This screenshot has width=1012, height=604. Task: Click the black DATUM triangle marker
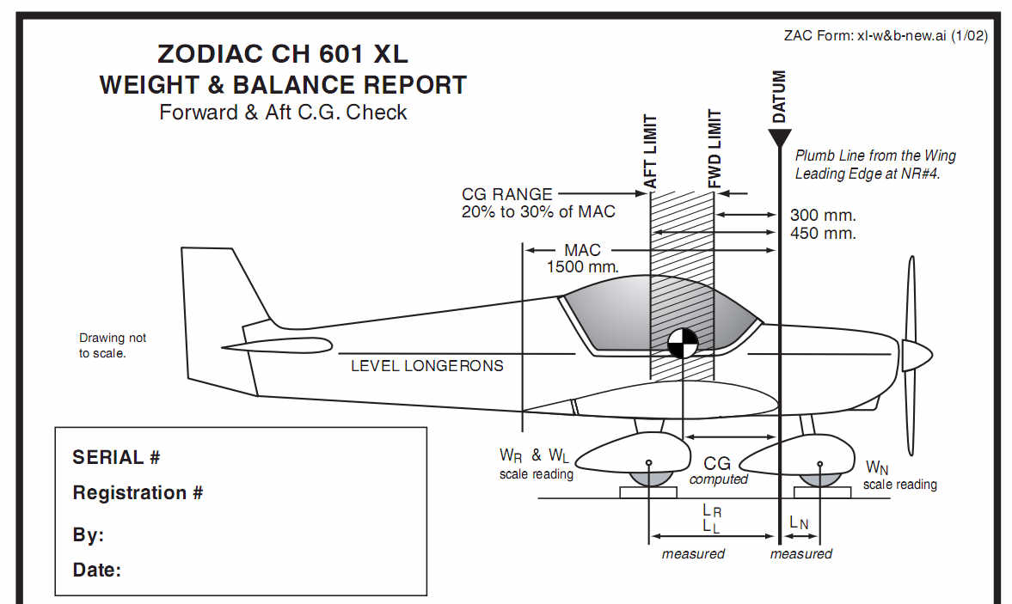(x=779, y=137)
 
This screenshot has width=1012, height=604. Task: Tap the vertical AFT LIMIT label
(x=651, y=152)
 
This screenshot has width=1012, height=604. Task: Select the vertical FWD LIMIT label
(x=715, y=149)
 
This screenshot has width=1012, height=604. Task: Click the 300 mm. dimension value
(x=823, y=216)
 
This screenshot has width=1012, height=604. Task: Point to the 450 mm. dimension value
(x=823, y=234)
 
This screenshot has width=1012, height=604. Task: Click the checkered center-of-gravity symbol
(x=682, y=343)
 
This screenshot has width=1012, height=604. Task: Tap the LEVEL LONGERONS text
(x=427, y=365)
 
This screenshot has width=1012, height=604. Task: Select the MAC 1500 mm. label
(x=582, y=259)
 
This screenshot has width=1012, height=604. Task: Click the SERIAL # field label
(x=116, y=457)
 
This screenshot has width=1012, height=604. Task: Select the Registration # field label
(x=138, y=493)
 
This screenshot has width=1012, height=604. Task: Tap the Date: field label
(x=96, y=570)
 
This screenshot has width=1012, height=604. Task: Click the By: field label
(x=88, y=535)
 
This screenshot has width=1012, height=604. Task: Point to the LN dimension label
(x=798, y=522)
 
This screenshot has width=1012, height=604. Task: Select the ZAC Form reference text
(x=886, y=36)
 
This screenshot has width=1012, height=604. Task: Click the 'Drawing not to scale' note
(x=113, y=345)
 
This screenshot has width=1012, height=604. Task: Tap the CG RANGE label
(x=507, y=195)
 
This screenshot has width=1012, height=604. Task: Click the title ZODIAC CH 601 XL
(x=283, y=54)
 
